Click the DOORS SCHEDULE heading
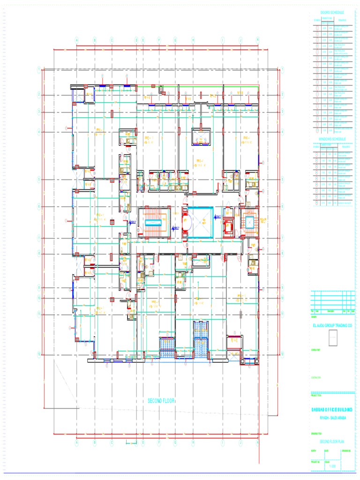coord(332,12)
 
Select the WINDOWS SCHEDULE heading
coord(332,139)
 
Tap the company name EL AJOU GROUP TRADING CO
coord(332,324)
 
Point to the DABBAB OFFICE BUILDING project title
coord(332,410)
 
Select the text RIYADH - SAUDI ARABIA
coord(332,417)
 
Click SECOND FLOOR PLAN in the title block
coord(332,442)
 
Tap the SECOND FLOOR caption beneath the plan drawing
coord(161,401)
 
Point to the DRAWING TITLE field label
coord(316,433)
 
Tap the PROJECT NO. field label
coord(315,461)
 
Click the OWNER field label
coord(314,317)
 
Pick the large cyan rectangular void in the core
coord(200,223)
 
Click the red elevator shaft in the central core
coord(229,226)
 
